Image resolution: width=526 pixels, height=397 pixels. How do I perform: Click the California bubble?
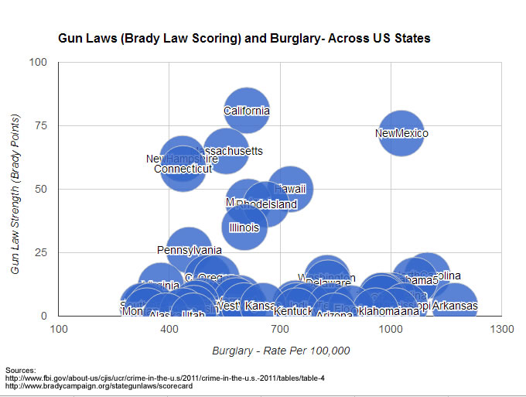[x=247, y=111]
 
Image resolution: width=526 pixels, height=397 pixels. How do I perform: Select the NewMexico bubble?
[x=401, y=133]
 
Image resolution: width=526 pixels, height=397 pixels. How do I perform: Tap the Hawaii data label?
[x=290, y=189]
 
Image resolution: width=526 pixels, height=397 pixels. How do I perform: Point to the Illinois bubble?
[x=244, y=228]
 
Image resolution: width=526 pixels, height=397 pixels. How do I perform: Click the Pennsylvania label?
[x=189, y=250]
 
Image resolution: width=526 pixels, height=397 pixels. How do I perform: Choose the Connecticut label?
[x=183, y=169]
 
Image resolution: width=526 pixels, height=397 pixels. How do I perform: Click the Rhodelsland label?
[x=266, y=205]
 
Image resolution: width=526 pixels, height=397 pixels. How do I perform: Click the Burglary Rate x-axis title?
[x=281, y=351]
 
